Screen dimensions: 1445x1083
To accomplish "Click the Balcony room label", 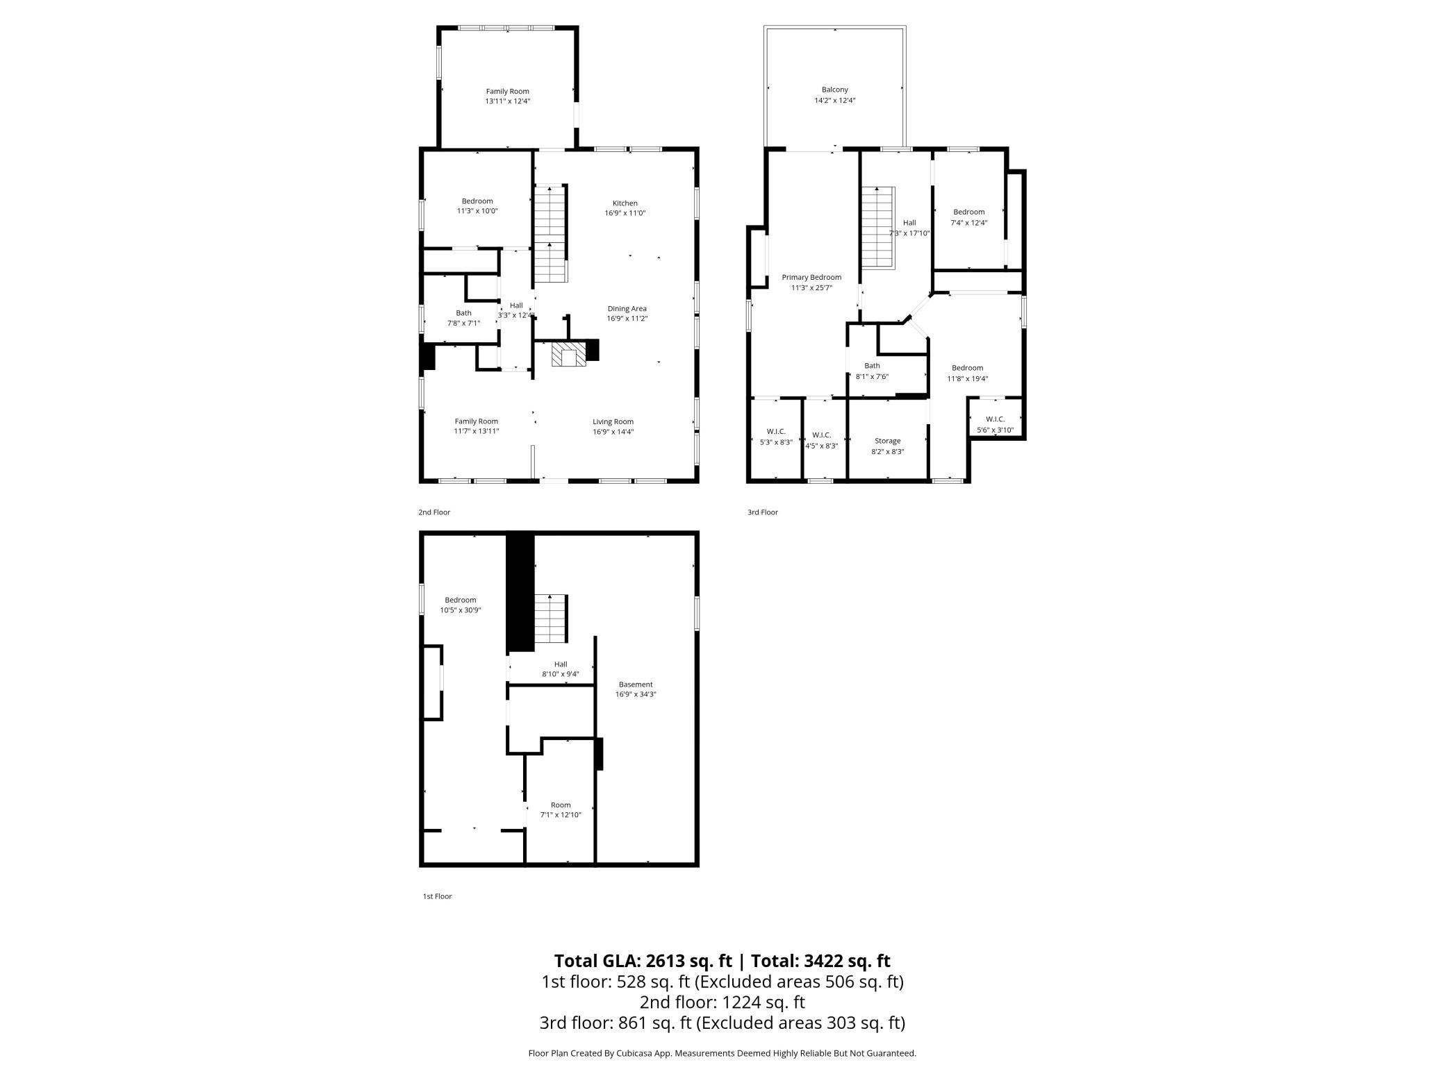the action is [x=835, y=90].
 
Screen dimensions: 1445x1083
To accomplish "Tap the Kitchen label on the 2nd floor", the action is [x=625, y=203].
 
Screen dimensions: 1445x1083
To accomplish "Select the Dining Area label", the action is [x=627, y=309].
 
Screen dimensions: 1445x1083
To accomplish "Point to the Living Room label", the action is [x=613, y=421].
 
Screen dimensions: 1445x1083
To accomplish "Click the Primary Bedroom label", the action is [x=811, y=277].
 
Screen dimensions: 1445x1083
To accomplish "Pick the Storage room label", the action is [x=888, y=441].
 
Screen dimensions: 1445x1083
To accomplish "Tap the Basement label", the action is [x=636, y=685].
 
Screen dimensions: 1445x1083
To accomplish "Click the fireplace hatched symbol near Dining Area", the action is [x=569, y=353].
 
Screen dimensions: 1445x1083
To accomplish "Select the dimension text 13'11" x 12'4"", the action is [x=508, y=101].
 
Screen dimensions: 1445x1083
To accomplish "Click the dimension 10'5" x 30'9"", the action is [x=461, y=610].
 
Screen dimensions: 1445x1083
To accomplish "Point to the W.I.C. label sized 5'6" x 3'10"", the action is [x=996, y=419].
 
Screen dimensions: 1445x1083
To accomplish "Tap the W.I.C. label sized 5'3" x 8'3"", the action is [x=776, y=431].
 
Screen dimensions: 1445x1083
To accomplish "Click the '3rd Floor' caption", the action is [x=763, y=512].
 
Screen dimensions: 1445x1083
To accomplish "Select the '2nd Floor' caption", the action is [x=434, y=512].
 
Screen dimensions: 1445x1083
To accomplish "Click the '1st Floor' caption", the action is [x=438, y=896].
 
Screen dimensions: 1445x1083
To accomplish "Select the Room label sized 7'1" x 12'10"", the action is [x=561, y=805].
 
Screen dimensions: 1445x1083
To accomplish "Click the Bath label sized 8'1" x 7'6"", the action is [x=872, y=366].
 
